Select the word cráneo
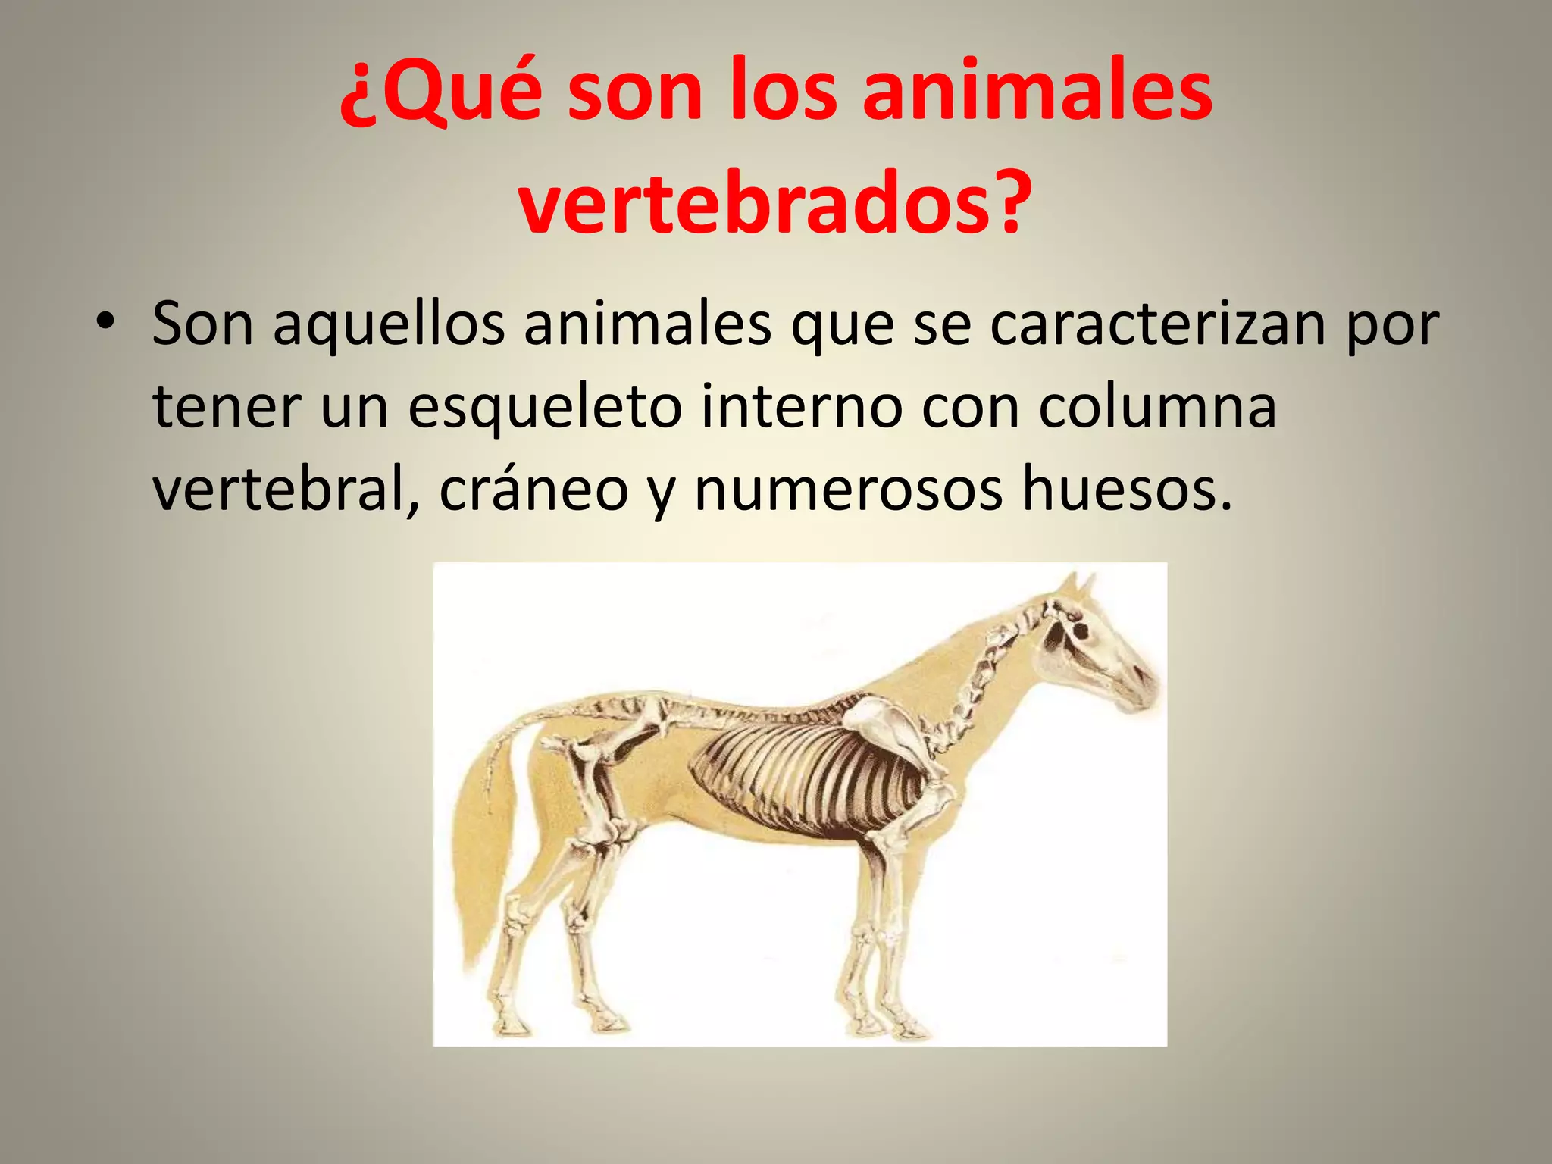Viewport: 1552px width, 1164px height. pos(533,491)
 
